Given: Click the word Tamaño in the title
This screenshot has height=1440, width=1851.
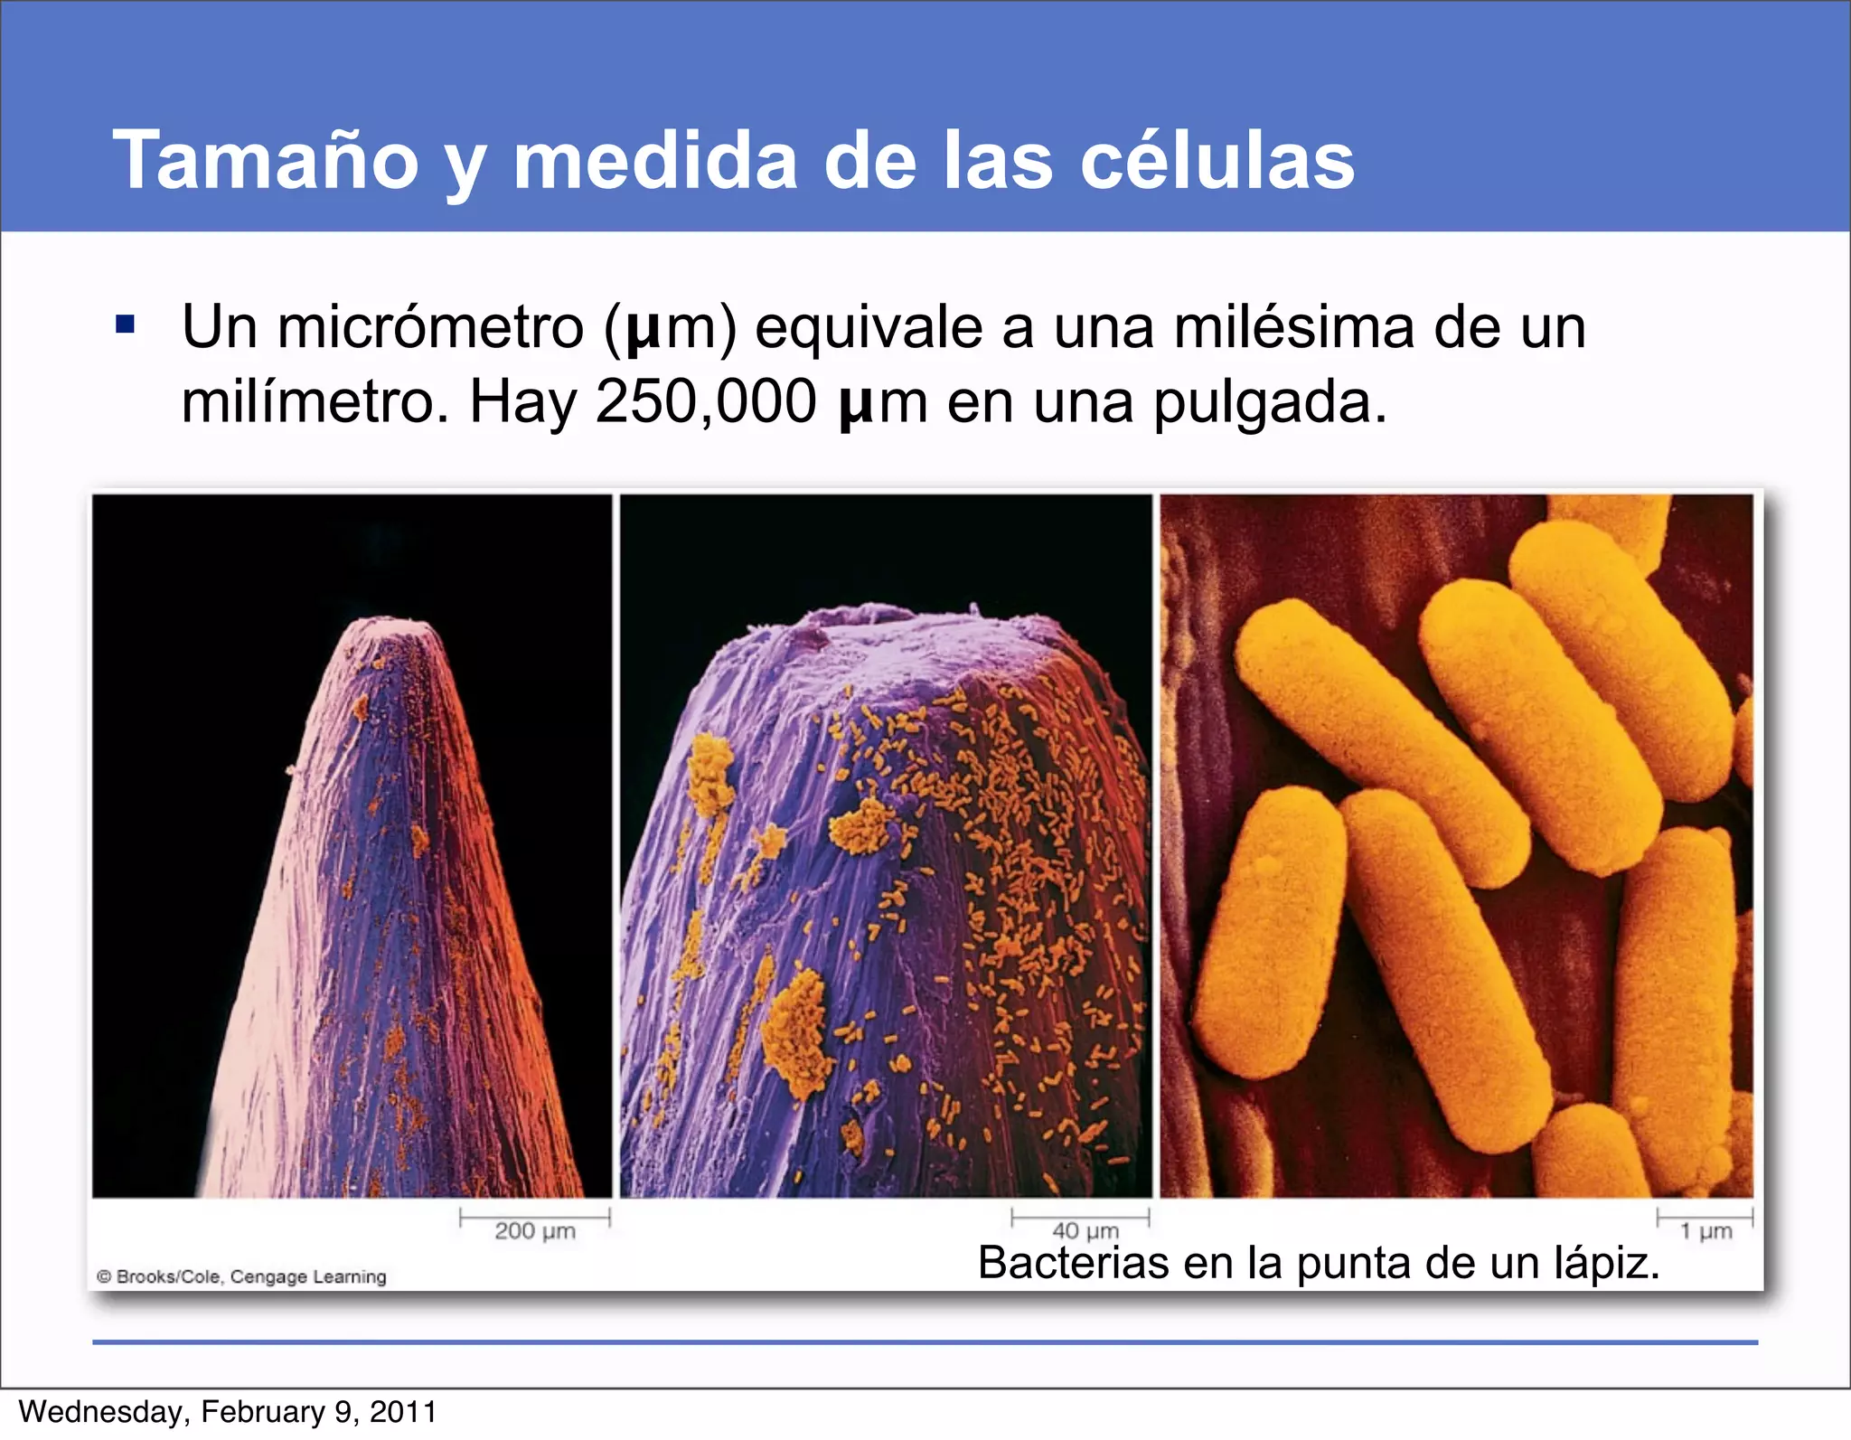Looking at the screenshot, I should (x=265, y=160).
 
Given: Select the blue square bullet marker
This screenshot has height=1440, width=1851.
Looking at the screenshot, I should (x=126, y=325).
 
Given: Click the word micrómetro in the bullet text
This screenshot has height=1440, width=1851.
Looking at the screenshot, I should (x=430, y=327).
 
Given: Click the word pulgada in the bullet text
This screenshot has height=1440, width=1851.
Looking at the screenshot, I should (x=1269, y=403).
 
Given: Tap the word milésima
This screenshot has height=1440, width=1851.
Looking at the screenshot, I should (x=1293, y=327).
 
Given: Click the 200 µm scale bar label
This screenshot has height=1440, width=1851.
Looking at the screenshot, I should (x=534, y=1230).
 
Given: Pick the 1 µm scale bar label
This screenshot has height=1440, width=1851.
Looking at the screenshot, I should (x=1705, y=1230).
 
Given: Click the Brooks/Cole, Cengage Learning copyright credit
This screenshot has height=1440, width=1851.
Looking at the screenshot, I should (x=242, y=1276).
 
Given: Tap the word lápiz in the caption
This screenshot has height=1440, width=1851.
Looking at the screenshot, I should (x=1606, y=1263).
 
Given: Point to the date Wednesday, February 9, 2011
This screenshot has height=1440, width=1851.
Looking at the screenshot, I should (x=228, y=1412).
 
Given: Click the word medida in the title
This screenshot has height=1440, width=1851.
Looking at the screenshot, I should (x=655, y=160).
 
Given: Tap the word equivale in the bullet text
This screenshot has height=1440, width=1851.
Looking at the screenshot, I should (x=868, y=327).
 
